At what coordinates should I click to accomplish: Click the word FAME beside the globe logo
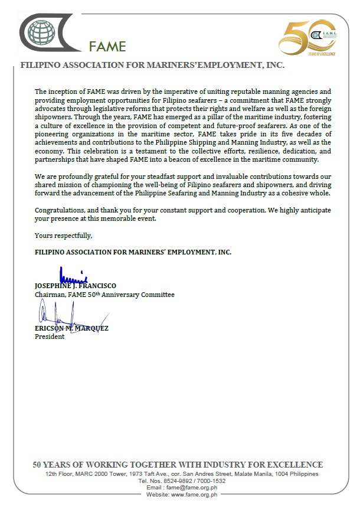[107, 47]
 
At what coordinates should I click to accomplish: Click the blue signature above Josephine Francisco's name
[74, 275]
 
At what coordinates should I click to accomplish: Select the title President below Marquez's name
[50, 337]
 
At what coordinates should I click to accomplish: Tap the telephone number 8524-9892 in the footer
[177, 481]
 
